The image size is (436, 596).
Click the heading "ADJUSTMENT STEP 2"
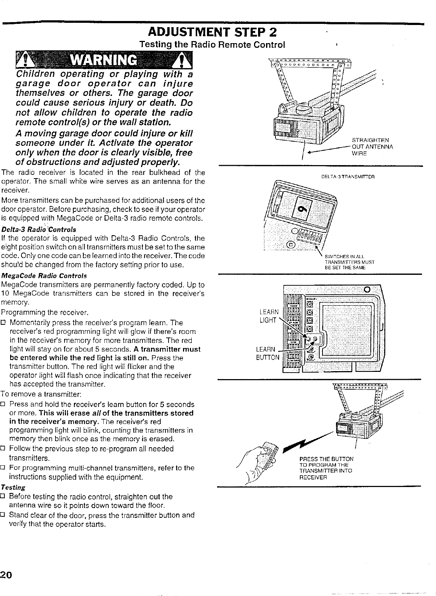point(210,33)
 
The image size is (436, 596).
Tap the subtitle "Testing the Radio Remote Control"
point(212,45)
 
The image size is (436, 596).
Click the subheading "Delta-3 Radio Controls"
point(39,230)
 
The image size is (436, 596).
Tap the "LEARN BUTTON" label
point(267,353)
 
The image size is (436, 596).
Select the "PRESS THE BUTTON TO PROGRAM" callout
point(325,467)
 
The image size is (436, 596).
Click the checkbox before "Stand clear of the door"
point(4,515)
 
